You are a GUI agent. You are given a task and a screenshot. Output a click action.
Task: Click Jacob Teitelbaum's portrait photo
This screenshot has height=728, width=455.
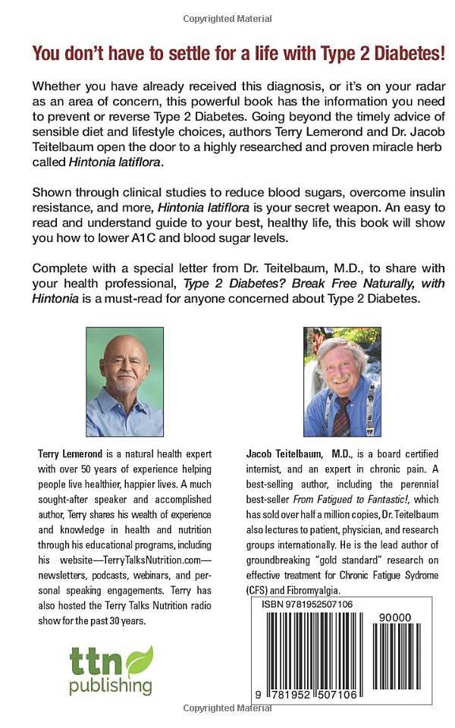(x=343, y=381)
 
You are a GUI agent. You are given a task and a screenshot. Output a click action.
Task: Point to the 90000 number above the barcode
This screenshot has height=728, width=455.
(x=396, y=617)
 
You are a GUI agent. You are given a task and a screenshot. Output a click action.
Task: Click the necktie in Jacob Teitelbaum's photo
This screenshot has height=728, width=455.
(x=342, y=416)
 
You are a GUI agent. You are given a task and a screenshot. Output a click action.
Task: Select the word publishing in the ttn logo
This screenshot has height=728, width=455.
(x=111, y=687)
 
